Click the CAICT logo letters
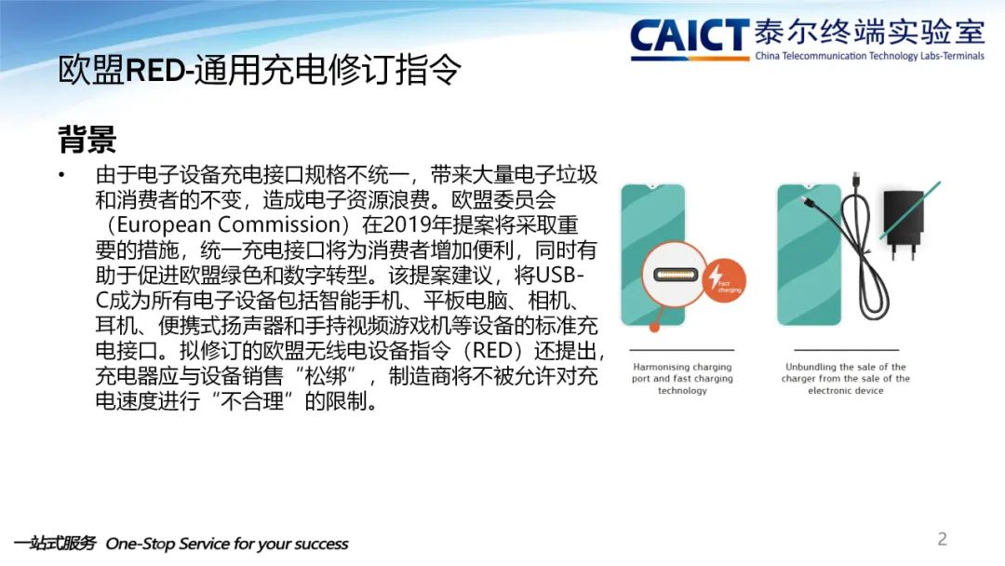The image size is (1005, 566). click(689, 36)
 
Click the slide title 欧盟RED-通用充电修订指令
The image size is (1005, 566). click(259, 69)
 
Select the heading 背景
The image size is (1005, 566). click(87, 139)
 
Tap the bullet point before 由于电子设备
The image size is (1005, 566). click(61, 174)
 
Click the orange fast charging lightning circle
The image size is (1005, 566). click(725, 279)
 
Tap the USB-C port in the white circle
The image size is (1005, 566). click(675, 275)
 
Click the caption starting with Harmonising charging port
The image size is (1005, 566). click(682, 378)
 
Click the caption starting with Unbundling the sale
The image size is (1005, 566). click(845, 378)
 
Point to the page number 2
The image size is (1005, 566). click(942, 538)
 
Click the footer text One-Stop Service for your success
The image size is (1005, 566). click(227, 544)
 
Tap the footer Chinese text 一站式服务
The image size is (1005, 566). click(55, 543)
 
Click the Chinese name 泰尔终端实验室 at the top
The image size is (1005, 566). click(870, 32)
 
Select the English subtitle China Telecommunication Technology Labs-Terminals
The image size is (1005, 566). click(870, 56)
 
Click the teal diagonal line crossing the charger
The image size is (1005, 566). click(910, 210)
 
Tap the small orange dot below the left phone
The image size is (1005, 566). click(654, 327)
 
